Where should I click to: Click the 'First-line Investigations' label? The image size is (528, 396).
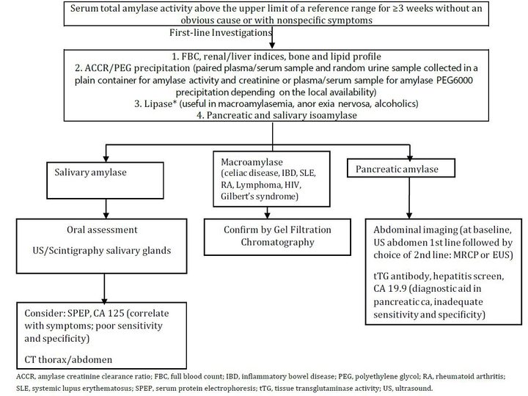(221, 33)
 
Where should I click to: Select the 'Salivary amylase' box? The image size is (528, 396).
(105, 180)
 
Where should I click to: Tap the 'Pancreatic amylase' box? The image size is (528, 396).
(401, 168)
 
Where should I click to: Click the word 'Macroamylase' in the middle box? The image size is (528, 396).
(252, 162)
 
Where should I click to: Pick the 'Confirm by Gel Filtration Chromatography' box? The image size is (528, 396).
(277, 237)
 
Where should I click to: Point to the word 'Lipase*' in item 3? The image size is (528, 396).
(161, 103)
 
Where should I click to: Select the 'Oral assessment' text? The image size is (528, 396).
(102, 230)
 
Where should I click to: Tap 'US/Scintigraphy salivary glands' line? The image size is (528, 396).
(102, 251)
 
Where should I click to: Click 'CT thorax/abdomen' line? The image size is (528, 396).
(68, 359)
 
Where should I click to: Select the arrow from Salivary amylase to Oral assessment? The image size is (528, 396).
(106, 209)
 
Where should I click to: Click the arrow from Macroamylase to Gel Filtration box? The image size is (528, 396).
(268, 213)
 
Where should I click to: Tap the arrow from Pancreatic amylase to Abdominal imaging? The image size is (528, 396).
(409, 198)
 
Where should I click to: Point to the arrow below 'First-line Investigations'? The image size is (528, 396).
(272, 37)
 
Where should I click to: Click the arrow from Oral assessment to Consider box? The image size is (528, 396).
(104, 288)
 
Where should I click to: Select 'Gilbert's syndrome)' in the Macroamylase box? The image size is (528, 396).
(260, 197)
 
